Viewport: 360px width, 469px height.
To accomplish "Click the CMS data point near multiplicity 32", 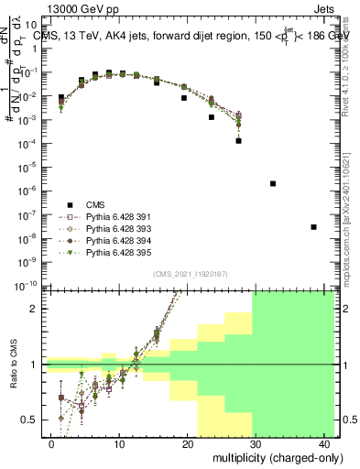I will (273, 183).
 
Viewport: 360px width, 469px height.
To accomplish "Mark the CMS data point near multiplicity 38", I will (313, 227).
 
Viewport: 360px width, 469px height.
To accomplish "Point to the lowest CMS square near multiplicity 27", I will (238, 141).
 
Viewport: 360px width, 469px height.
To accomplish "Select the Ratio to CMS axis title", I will (13, 366).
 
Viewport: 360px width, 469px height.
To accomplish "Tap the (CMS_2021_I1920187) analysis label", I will (189, 275).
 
